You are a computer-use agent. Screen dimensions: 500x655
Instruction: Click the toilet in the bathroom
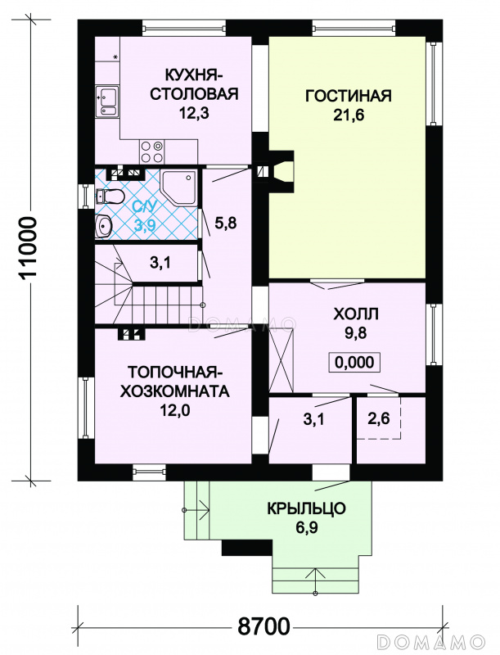(110, 196)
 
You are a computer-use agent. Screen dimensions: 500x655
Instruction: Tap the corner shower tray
(179, 187)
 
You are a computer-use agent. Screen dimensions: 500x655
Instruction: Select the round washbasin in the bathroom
(103, 226)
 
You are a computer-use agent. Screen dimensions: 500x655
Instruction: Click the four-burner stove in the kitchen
(151, 152)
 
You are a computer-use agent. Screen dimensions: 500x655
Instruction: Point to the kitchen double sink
(107, 101)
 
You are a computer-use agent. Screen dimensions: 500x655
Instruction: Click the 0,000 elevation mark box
(354, 362)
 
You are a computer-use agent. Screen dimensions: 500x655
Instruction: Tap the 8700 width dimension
(264, 626)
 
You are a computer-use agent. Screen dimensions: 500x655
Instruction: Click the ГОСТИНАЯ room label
(348, 96)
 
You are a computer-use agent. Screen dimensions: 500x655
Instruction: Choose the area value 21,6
(348, 115)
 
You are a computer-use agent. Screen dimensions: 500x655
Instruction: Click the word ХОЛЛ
(356, 314)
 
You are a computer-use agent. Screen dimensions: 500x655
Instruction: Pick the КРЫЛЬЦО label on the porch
(306, 508)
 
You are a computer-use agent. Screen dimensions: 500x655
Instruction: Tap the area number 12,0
(175, 411)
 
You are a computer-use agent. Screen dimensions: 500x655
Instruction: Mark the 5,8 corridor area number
(225, 223)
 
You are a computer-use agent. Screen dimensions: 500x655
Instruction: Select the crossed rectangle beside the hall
(282, 360)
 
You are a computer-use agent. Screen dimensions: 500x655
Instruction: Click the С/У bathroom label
(144, 206)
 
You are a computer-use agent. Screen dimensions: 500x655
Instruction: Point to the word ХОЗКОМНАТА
(174, 391)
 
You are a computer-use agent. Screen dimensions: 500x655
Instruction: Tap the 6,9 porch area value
(307, 527)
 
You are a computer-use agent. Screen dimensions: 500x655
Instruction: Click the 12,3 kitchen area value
(194, 113)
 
